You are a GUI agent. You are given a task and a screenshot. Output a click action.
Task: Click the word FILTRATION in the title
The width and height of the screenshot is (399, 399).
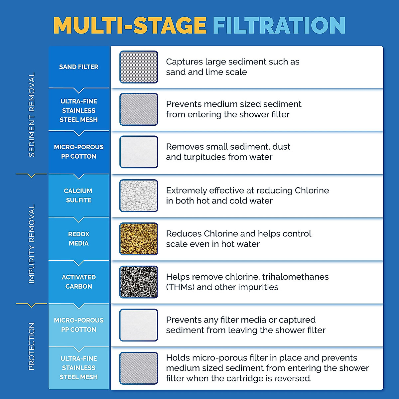[279, 25]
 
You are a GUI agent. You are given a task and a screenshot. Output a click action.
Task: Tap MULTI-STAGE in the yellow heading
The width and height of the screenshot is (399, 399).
[130, 25]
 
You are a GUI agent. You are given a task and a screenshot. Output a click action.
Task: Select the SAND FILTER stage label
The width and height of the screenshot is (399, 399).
[79, 67]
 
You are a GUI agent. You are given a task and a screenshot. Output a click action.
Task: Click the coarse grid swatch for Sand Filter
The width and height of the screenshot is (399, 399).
[139, 67]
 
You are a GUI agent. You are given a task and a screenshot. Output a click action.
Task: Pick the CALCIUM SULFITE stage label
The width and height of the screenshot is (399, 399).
[78, 196]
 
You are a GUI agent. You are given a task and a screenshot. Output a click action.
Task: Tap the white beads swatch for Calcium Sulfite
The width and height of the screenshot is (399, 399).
[139, 196]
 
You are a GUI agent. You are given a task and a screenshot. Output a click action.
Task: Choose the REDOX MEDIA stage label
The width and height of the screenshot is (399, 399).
[79, 239]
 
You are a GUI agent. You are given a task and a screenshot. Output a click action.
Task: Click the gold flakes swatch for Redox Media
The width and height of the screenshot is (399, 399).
[139, 239]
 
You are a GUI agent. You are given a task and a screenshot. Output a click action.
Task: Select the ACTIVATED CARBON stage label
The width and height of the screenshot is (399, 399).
[79, 282]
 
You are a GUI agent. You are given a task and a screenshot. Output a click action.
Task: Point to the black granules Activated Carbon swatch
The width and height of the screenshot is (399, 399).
[139, 282]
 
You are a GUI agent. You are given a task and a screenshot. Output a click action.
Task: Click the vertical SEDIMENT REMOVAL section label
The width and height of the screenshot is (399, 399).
[32, 114]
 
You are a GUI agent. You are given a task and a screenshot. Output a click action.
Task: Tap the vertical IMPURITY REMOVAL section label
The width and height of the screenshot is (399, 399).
[32, 244]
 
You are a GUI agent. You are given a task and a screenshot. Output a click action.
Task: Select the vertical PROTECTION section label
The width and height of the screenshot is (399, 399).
[32, 346]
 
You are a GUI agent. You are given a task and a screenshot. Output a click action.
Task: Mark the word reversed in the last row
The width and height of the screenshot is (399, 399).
[293, 378]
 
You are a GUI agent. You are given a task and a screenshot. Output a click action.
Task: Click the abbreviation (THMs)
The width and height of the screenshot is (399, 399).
[180, 287]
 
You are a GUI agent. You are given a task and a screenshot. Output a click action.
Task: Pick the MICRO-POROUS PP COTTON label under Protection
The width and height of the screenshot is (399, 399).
[79, 325]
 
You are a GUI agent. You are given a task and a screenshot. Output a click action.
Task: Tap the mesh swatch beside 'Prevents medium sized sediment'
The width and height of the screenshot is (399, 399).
[139, 109]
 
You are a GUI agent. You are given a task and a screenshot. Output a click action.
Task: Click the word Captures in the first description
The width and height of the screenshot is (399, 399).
[184, 62]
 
